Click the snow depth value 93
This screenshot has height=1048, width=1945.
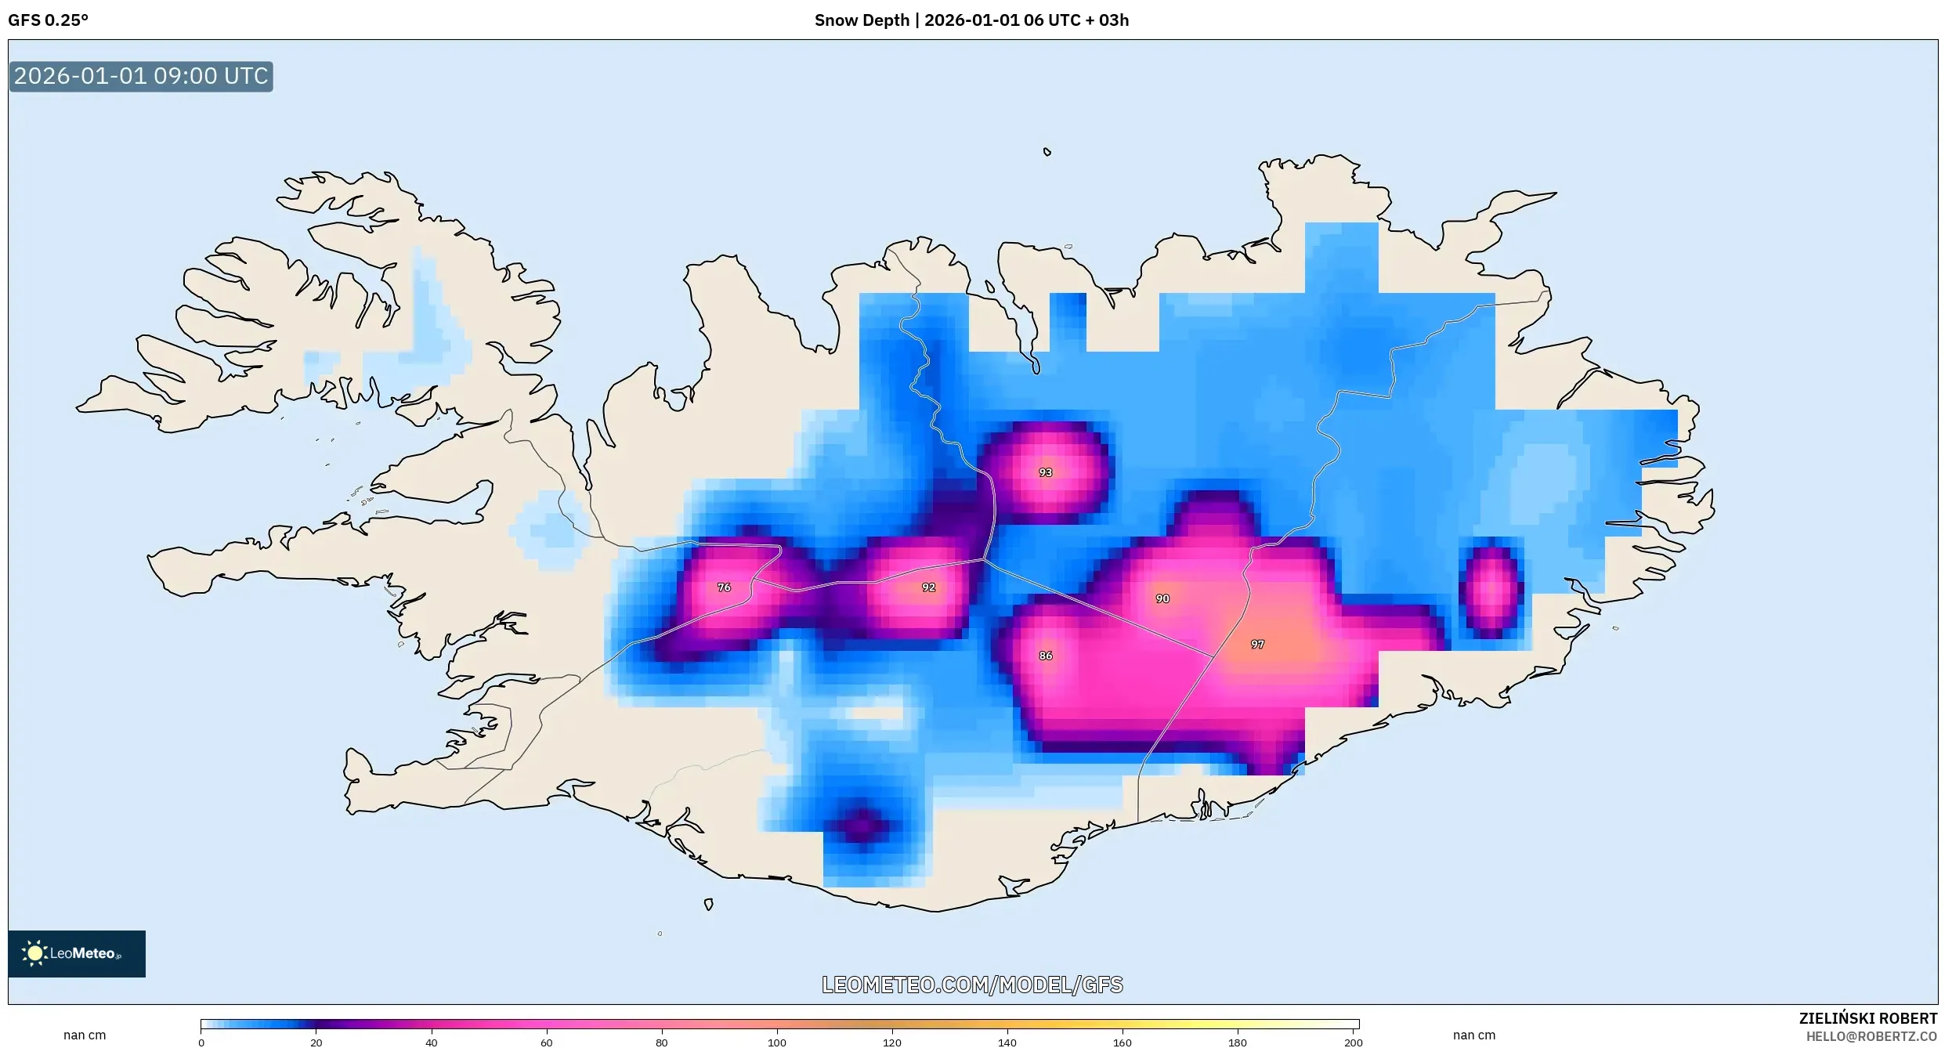click(x=1045, y=472)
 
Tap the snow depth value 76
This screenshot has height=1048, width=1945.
click(x=724, y=587)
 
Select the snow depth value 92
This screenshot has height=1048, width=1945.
click(x=928, y=587)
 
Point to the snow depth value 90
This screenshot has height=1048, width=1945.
click(x=1162, y=598)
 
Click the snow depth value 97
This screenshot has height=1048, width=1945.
click(x=1257, y=644)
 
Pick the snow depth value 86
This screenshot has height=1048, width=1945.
click(x=1045, y=656)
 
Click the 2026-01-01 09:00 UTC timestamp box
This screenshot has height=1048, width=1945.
click(x=141, y=76)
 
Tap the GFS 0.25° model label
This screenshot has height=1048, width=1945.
click(x=49, y=20)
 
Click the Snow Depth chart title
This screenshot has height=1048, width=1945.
click(x=971, y=20)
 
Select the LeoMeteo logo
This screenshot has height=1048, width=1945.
click(x=77, y=953)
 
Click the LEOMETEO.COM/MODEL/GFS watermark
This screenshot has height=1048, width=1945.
click(x=972, y=985)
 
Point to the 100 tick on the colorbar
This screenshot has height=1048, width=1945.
click(x=776, y=1042)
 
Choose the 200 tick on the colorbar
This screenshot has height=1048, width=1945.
click(x=1353, y=1042)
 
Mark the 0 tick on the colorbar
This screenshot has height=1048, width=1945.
click(x=201, y=1042)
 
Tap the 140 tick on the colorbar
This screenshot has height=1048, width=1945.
click(x=1007, y=1042)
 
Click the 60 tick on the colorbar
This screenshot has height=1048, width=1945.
click(x=547, y=1042)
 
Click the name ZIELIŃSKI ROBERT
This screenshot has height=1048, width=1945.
click(x=1867, y=1018)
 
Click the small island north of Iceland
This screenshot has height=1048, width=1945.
click(x=1047, y=152)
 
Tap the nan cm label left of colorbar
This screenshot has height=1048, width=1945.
click(x=85, y=1035)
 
